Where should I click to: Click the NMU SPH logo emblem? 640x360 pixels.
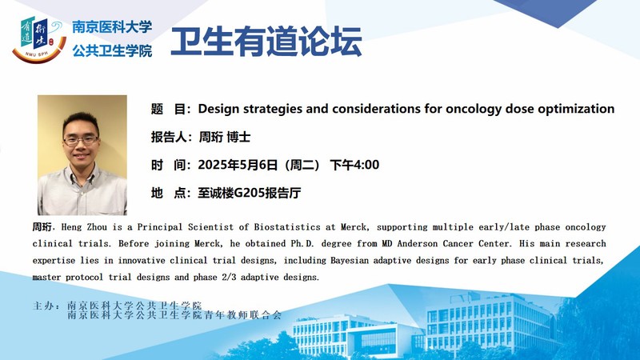tap(39, 39)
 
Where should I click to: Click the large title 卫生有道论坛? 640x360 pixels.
tap(266, 42)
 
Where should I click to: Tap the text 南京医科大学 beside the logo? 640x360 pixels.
tap(112, 27)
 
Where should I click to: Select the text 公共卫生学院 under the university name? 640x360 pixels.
tap(112, 51)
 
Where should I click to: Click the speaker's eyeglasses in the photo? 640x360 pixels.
tap(81, 140)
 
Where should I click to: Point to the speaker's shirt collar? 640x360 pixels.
tap(82, 174)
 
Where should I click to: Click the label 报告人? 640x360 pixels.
tap(169, 137)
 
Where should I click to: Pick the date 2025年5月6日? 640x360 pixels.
tap(238, 165)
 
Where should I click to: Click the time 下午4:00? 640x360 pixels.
tap(354, 165)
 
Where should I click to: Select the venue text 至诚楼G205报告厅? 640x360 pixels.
tap(250, 193)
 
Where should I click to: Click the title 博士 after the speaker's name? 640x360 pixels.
tap(238, 137)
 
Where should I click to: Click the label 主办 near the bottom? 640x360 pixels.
tap(43, 306)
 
